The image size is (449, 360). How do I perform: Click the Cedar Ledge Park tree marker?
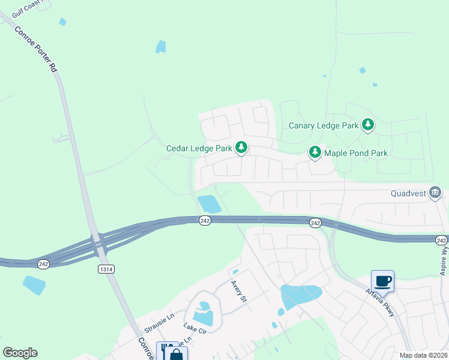tap(241, 147)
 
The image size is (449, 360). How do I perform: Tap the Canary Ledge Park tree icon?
tap(368, 125)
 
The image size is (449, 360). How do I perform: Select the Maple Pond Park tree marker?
tap(315, 152)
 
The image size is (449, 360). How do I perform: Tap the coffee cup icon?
tap(382, 280)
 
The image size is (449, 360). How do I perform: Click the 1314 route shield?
tap(106, 269)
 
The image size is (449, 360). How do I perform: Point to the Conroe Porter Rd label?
tap(36, 50)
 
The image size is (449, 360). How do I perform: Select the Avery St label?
tap(238, 292)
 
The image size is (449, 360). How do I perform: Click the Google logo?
tap(20, 353)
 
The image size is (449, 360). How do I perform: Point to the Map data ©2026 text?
tap(423, 355)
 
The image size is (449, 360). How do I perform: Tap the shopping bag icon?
tap(176, 353)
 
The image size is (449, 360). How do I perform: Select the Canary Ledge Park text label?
tap(323, 125)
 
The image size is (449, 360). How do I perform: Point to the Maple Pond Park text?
tap(356, 153)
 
